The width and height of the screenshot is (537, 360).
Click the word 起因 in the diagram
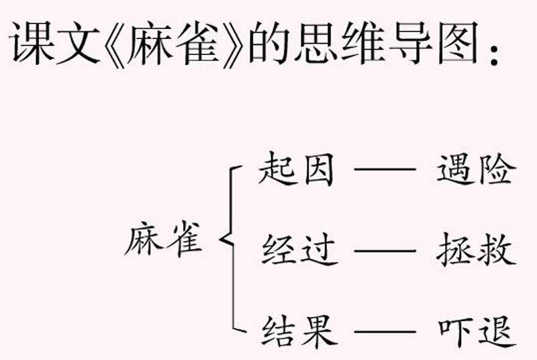click(x=295, y=172)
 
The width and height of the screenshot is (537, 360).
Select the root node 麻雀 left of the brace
click(x=163, y=239)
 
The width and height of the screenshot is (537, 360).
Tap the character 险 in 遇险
click(x=497, y=172)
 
